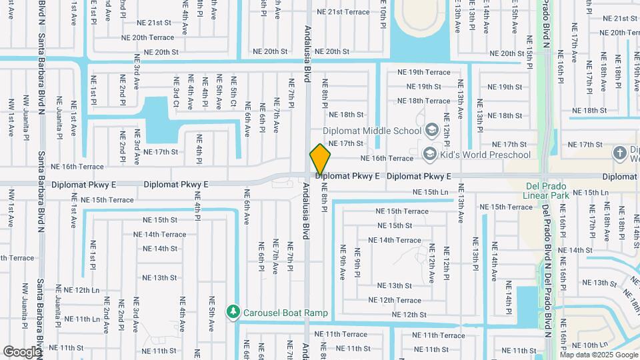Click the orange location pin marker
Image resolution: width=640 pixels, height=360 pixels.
coord(321,160)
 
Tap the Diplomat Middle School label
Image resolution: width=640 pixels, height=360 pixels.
coord(372,131)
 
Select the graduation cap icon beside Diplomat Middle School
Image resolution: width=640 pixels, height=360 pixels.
coord(431,129)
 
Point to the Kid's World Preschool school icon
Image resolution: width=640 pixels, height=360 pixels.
coord(430,155)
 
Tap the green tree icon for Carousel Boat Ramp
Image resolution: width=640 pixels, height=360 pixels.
coord(233,312)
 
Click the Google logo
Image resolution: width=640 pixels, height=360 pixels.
coord(23,351)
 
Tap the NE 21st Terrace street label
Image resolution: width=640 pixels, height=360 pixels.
coord(343,12)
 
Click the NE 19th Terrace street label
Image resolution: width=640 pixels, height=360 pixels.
coord(423,72)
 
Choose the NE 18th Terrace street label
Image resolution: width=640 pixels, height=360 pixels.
coord(423,101)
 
